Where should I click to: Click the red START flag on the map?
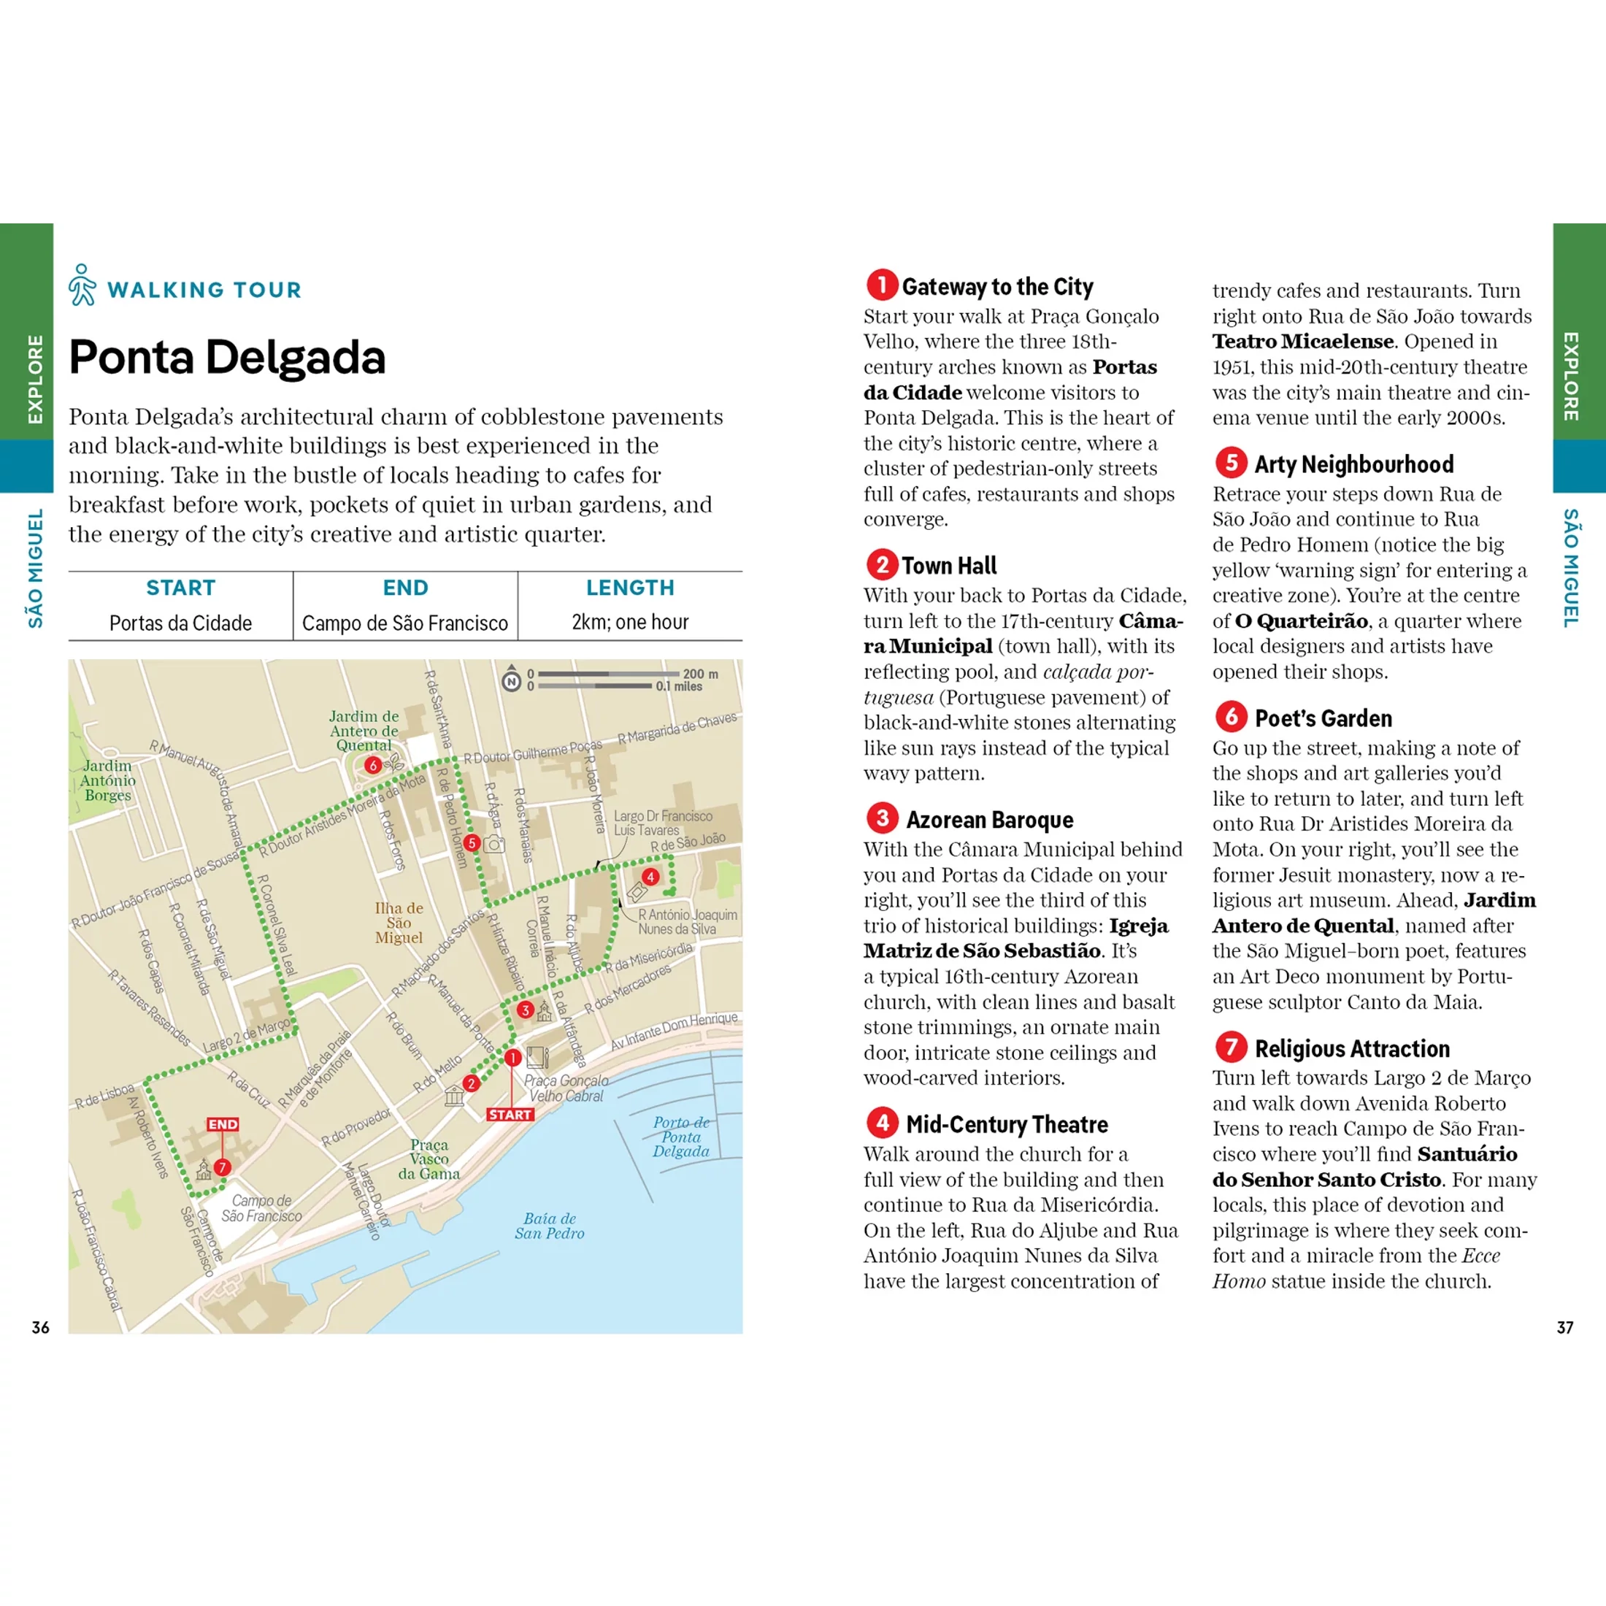510,1115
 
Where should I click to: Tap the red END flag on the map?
223,1124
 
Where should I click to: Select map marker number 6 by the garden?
373,765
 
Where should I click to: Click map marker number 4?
650,876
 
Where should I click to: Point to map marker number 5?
472,843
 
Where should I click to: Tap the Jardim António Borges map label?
107,780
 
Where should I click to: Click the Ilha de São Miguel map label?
399,923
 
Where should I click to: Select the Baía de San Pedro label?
549,1226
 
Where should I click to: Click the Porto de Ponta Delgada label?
681,1137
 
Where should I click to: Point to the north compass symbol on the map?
511,682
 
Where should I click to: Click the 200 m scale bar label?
700,674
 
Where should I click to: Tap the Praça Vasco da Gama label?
429,1159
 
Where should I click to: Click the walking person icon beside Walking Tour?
82,285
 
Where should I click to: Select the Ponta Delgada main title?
227,358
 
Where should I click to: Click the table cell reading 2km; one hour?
630,622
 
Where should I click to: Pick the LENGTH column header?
630,588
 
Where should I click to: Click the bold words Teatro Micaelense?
1302,342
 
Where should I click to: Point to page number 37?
1564,1328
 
